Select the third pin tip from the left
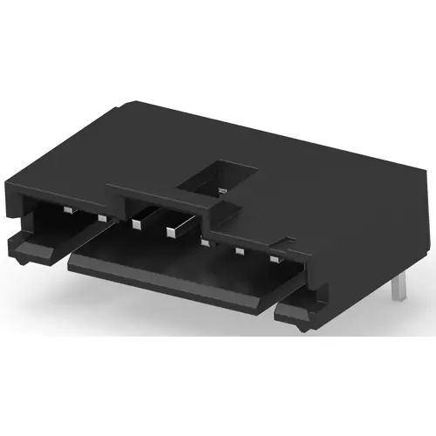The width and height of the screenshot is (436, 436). [136, 224]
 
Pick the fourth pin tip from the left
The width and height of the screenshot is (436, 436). [171, 231]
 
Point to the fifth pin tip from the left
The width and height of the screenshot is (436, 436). [204, 242]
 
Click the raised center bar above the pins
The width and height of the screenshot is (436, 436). [161, 194]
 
